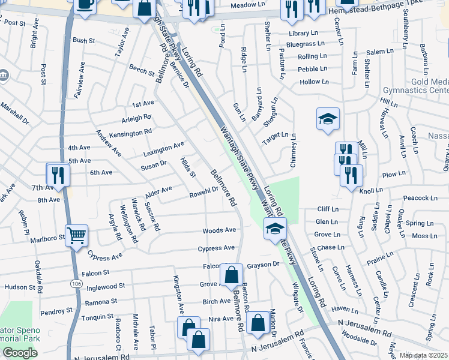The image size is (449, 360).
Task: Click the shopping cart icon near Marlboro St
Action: [77, 235]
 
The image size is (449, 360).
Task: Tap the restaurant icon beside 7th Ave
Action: [58, 175]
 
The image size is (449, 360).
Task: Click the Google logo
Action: [20, 353]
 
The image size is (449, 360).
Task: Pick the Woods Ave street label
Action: [219, 230]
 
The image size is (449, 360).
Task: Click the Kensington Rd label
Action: [130, 132]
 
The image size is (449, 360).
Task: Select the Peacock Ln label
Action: [420, 198]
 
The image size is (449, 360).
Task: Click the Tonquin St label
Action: [97, 316]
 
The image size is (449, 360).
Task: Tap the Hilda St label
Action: [188, 167]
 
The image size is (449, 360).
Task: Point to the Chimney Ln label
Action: [294, 151]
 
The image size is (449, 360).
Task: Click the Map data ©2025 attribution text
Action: [424, 356]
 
